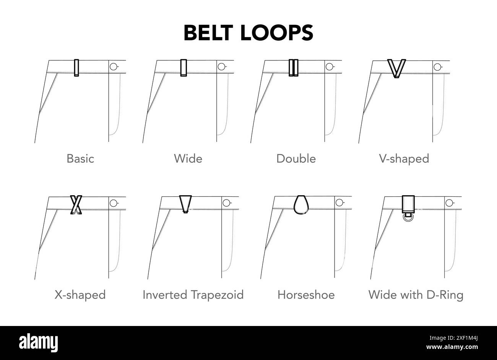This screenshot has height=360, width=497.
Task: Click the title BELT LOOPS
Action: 248,33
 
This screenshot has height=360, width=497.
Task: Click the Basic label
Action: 80,158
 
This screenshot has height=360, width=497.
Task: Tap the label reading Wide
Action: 188,158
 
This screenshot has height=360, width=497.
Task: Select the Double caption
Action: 296,158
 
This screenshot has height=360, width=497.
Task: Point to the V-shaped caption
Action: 404,158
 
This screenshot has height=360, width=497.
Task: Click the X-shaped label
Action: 80,295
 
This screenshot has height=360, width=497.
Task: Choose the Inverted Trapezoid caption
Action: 193,295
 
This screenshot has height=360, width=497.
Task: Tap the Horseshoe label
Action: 306,295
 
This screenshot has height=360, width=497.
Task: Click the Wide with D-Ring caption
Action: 416,295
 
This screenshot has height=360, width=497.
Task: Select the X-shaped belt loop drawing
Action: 76,205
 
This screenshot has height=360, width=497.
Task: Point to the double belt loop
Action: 294,68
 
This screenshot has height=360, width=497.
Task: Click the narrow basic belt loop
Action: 76,68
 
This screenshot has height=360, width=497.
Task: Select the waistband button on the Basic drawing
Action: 114,66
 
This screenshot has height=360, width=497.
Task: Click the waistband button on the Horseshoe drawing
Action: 339,203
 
